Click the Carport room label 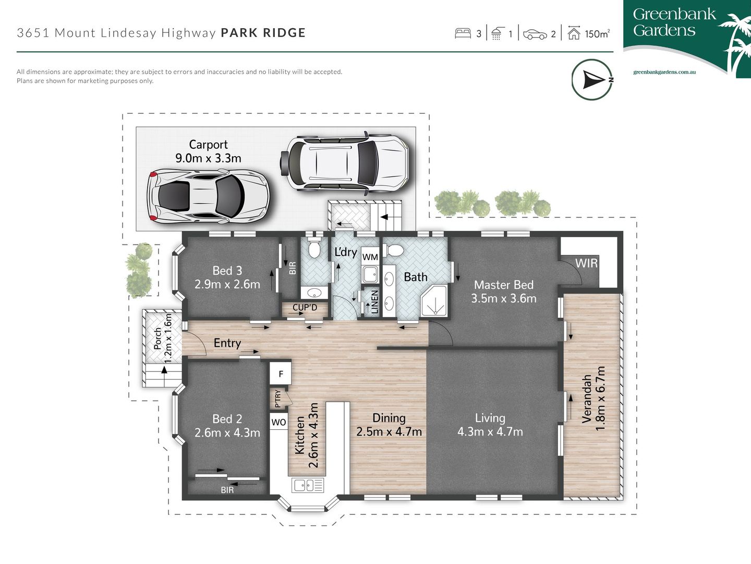click(208, 145)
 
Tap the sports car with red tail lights click(208, 196)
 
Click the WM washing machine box click(370, 257)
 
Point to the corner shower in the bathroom click(434, 301)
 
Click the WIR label click(586, 263)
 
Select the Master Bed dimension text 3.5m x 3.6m click(503, 299)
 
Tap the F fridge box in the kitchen click(281, 374)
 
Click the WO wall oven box click(278, 422)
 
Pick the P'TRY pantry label click(278, 398)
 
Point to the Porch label click(158, 338)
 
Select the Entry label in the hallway click(227, 343)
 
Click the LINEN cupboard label click(374, 302)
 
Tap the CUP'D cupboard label click(305, 308)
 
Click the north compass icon click(592, 80)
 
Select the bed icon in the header click(463, 34)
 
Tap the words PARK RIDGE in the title click(263, 33)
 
